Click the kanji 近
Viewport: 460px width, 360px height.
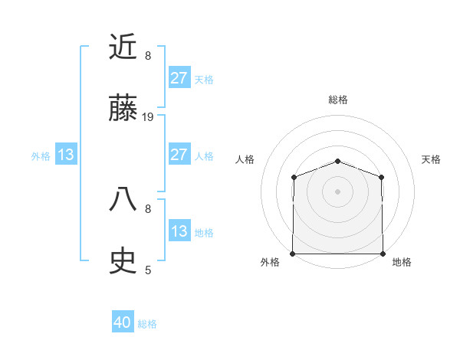pyautogui.click(x=123, y=47)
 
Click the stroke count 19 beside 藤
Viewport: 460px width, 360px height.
pyautogui.click(x=149, y=117)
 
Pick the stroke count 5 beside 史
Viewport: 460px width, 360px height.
pyautogui.click(x=148, y=270)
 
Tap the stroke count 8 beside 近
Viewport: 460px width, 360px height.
pyautogui.click(x=148, y=56)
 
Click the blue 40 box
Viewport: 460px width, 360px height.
pyautogui.click(x=123, y=322)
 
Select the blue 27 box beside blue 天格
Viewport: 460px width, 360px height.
pyautogui.click(x=179, y=78)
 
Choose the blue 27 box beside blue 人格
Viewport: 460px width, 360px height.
pyautogui.click(x=179, y=155)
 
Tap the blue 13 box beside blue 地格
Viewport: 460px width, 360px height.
pyautogui.click(x=179, y=231)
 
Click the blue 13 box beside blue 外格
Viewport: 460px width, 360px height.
pyautogui.click(x=66, y=155)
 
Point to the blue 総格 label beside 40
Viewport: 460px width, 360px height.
pyautogui.click(x=147, y=324)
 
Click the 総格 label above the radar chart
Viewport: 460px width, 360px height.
pyautogui.click(x=338, y=100)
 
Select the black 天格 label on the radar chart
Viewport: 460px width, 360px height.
pyautogui.click(x=432, y=159)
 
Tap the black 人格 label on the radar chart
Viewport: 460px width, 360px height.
pyautogui.click(x=245, y=159)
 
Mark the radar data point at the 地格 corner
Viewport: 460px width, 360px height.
pyautogui.click(x=383, y=254)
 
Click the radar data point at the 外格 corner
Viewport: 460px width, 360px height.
pyautogui.click(x=293, y=254)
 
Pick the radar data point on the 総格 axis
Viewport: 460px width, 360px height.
pyautogui.click(x=338, y=162)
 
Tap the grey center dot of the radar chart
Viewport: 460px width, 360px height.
pyautogui.click(x=338, y=191)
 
